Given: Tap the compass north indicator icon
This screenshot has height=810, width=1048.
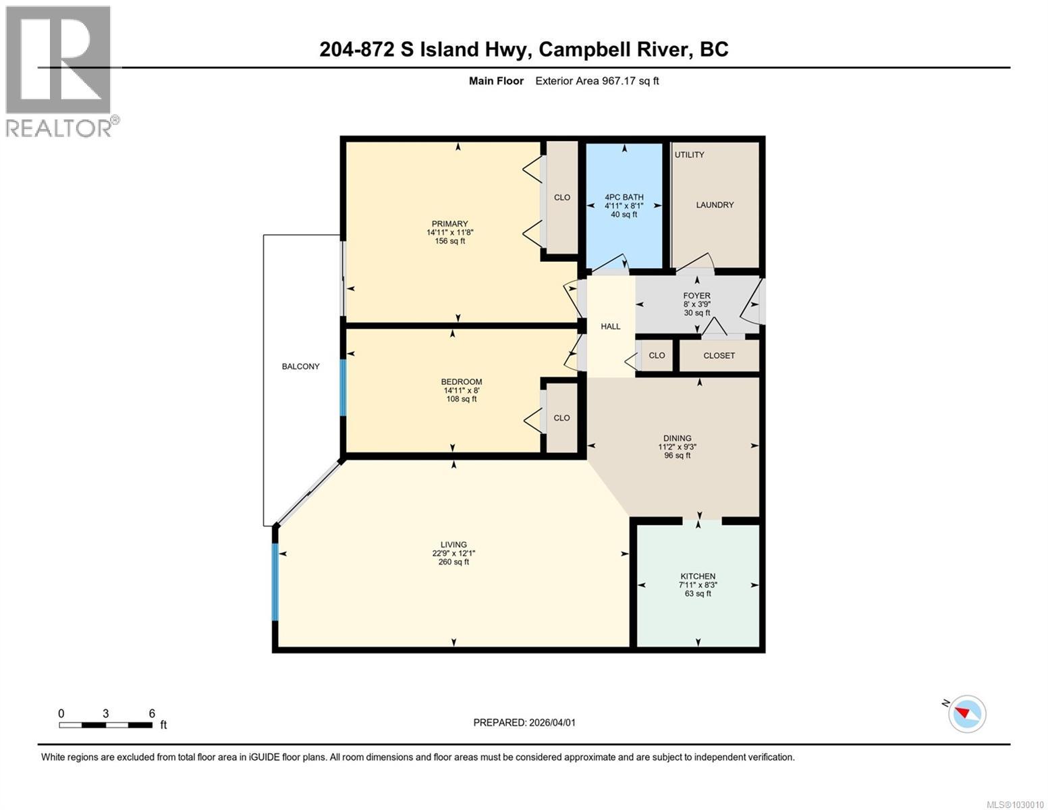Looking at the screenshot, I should pos(967,713).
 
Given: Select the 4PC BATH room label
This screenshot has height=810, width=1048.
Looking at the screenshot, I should pos(624,197).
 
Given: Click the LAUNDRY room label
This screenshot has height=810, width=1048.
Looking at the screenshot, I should pos(715,205).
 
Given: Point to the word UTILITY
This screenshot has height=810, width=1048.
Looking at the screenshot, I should pos(690,155).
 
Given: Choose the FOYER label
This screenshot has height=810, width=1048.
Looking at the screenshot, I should pos(696,296).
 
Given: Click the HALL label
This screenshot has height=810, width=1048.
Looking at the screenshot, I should pos(611,327).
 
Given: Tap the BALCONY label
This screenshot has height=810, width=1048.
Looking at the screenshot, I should pos(300,367).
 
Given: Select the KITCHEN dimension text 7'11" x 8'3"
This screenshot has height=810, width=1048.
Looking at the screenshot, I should pos(698,585).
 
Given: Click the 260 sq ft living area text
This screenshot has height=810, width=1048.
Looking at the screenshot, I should pos(453,562).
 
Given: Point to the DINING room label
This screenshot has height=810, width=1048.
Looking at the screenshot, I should pos(677,438).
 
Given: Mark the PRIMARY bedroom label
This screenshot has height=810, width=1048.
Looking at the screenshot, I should pos(450,224).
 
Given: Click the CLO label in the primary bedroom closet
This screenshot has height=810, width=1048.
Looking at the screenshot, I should pos(562,198).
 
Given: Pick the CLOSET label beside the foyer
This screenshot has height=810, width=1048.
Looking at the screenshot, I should pos(719,356).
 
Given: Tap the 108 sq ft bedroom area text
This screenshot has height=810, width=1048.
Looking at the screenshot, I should pos(462,399).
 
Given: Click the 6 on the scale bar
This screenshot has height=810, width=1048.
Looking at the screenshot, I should pos(152,713).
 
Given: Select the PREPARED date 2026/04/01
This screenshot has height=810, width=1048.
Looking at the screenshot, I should pos(551,722).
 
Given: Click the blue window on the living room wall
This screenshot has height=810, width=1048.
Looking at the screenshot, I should pos(275,582).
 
